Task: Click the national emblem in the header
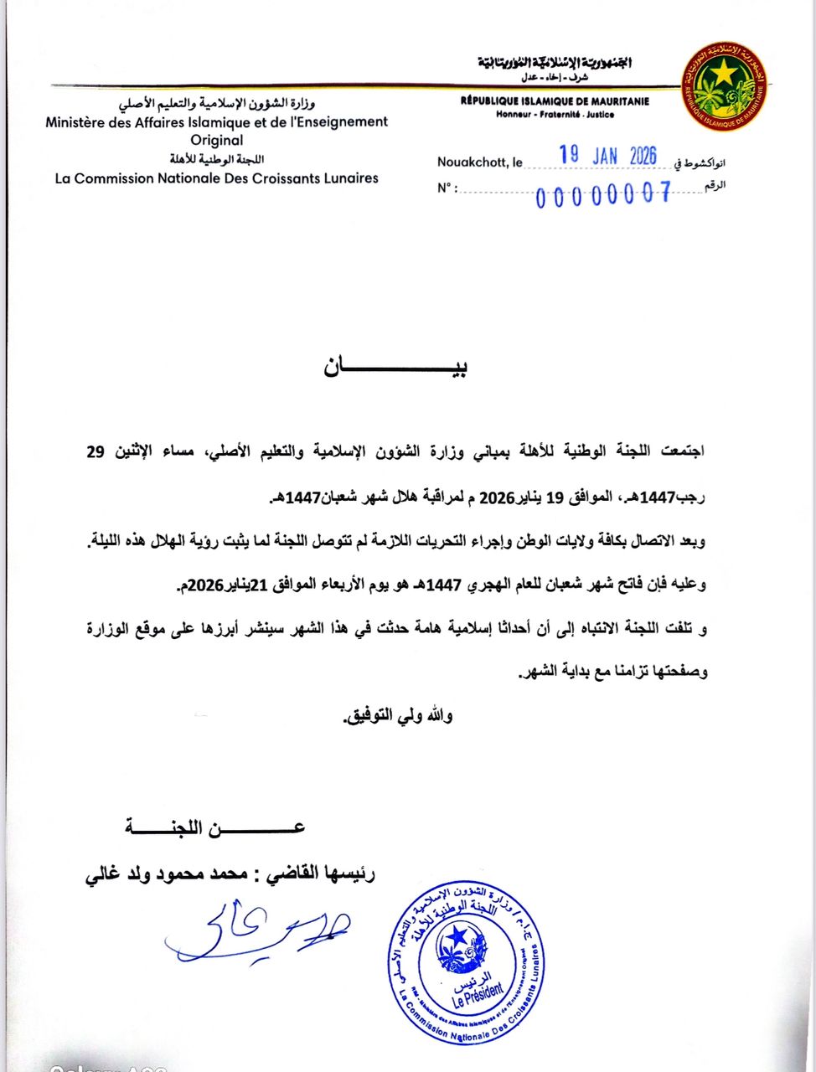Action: click(726, 86)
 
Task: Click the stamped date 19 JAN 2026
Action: click(607, 156)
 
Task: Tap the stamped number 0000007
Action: click(604, 195)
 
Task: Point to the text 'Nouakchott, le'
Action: click(479, 162)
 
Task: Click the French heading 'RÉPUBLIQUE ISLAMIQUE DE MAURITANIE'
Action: click(555, 101)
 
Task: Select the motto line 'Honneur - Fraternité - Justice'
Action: click(555, 114)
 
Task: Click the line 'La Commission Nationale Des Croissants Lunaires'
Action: click(216, 178)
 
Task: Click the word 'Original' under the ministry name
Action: click(216, 141)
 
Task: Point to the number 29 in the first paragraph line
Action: click(96, 453)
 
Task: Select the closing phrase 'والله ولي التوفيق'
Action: click(399, 716)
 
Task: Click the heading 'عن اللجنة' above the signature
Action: click(215, 828)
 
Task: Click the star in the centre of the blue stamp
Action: click(457, 935)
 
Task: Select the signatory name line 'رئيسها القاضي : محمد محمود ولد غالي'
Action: click(230, 874)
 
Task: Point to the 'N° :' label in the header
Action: click(447, 188)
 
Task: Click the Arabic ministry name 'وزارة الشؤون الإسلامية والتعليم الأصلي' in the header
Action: click(216, 104)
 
